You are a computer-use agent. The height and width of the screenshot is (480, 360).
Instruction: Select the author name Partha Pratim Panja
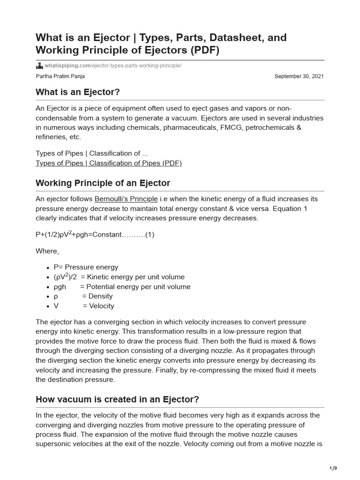pyautogui.click(x=60, y=76)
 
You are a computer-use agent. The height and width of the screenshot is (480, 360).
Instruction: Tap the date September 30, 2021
pyautogui.click(x=299, y=76)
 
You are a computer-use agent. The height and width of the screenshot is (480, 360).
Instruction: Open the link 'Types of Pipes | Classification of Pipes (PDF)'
pyautogui.click(x=108, y=163)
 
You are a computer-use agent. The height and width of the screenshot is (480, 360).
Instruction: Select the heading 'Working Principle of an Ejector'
pyautogui.click(x=103, y=183)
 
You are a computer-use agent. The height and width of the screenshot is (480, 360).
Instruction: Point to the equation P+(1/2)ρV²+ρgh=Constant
pyautogui.click(x=95, y=234)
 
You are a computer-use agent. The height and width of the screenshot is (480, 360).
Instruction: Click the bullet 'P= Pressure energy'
pyautogui.click(x=86, y=267)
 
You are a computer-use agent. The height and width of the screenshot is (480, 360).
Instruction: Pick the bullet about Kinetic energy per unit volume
pyautogui.click(x=119, y=277)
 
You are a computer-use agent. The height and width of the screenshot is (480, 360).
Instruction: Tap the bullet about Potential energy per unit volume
pyautogui.click(x=122, y=287)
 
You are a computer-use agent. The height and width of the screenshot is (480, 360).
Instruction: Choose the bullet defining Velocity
pyautogui.click(x=84, y=306)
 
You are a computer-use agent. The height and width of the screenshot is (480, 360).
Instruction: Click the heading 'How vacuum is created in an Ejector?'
pyautogui.click(x=117, y=399)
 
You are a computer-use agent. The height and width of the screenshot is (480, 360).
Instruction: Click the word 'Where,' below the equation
pyautogui.click(x=47, y=251)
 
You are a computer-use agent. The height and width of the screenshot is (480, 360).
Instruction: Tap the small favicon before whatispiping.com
pyautogui.click(x=39, y=66)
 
